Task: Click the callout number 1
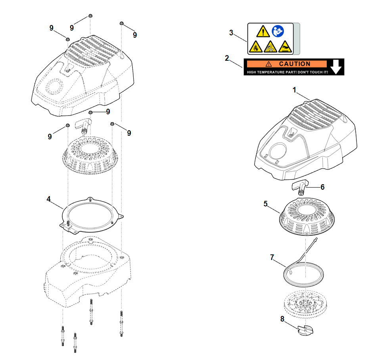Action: coord(294,90)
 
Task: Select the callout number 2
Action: coord(227,58)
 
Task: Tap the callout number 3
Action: coord(231,33)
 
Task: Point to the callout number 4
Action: coord(49,199)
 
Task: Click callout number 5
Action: coord(265,204)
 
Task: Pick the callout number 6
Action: coord(322,187)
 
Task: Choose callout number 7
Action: coord(272,257)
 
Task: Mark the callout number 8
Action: coord(282,319)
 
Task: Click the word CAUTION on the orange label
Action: coord(295,64)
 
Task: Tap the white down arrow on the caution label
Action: coord(336,67)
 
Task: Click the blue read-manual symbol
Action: coord(278,31)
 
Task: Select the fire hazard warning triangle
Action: coord(256,46)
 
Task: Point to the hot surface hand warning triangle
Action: coord(285,46)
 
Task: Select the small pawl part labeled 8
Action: coord(305,330)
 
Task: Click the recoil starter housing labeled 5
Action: coord(307,217)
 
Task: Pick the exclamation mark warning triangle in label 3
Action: coord(263,31)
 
